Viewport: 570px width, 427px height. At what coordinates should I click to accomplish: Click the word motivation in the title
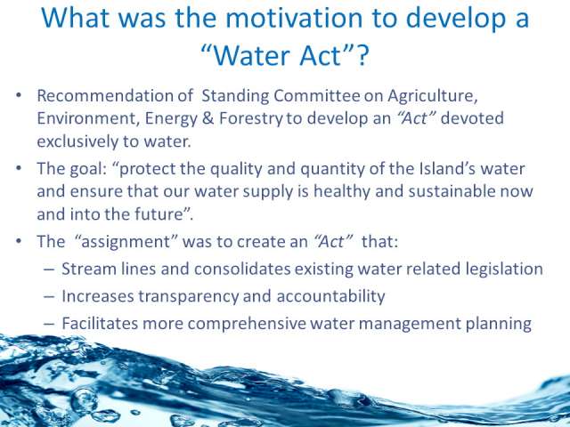294,18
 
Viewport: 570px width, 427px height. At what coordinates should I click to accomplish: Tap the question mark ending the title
362,55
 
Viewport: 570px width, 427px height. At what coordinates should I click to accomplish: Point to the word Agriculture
432,97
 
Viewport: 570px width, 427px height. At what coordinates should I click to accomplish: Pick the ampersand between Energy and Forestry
208,118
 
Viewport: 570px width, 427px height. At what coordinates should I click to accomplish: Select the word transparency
188,297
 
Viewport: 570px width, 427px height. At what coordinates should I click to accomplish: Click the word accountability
330,297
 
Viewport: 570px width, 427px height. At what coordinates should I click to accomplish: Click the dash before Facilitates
49,324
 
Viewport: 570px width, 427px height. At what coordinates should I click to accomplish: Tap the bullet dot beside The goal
19,169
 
